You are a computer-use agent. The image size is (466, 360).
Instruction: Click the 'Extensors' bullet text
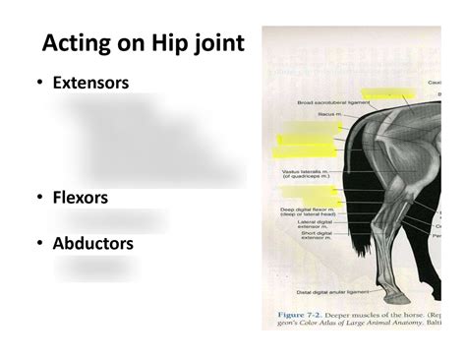click(x=90, y=83)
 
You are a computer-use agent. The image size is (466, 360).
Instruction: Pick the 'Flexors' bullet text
click(x=80, y=198)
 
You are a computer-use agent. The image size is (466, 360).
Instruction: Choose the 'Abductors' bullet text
click(x=92, y=242)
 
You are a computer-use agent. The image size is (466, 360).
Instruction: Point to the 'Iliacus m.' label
click(x=330, y=114)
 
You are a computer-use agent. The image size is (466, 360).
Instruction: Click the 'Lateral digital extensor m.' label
click(x=312, y=225)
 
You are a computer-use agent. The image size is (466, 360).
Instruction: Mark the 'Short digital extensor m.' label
click(x=313, y=236)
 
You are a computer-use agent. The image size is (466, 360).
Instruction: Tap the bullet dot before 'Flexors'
click(x=38, y=199)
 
